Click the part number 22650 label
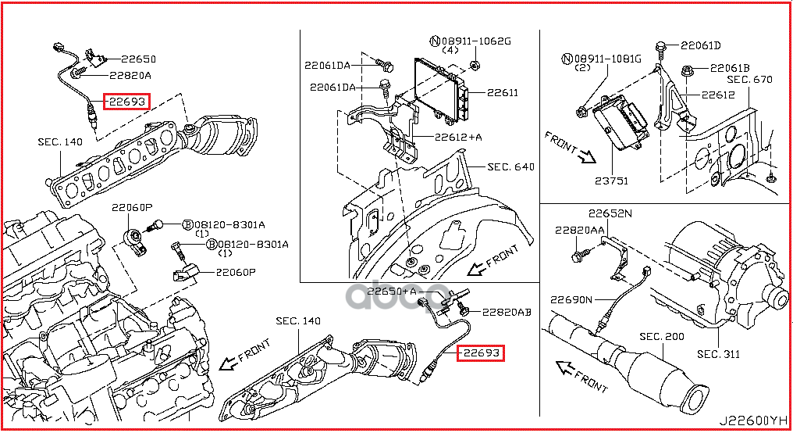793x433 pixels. (x=137, y=59)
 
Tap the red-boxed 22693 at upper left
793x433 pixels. (x=127, y=101)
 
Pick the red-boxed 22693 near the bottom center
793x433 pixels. (x=480, y=353)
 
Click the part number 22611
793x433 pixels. (x=502, y=92)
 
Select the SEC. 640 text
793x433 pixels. (x=511, y=166)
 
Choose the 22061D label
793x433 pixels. (x=699, y=45)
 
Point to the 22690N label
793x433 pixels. (x=571, y=299)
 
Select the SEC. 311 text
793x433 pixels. (x=718, y=354)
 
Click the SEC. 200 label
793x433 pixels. (x=661, y=337)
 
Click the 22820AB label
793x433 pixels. (x=506, y=311)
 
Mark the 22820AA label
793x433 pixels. (x=580, y=231)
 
